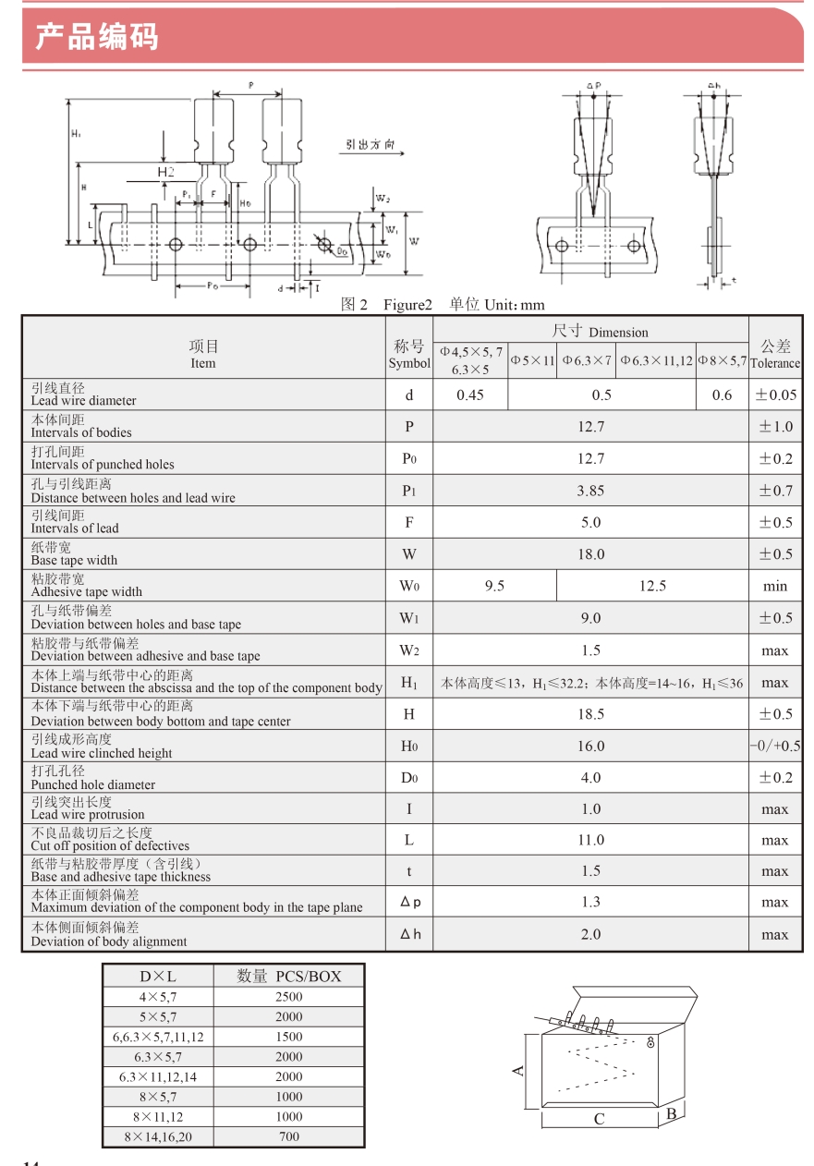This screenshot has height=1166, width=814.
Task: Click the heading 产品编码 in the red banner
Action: pos(97,37)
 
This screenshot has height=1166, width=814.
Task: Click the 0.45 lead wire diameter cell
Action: pos(470,395)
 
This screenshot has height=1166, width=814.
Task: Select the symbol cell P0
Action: pos(409,459)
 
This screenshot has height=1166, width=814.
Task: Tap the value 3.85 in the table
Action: pos(590,491)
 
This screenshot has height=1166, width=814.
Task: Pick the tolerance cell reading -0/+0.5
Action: pos(775,747)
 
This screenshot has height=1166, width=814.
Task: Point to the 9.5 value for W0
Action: pos(494,586)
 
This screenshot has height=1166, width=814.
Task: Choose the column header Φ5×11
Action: pos(532,360)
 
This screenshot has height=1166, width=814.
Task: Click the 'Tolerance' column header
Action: pos(775,363)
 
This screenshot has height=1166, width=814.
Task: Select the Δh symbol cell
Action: pos(409,934)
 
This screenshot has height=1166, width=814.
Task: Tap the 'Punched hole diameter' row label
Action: pos(92,784)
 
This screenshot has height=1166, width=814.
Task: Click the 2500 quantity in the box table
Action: pos(288,997)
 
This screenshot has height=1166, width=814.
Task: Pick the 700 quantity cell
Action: pos(288,1136)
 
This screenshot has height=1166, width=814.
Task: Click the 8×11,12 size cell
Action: pos(158,1116)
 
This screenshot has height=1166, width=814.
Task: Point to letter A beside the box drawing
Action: pos(518,1070)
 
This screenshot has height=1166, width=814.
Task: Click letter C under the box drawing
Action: pos(599,1119)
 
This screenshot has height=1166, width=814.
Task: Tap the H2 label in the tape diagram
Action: pos(165,172)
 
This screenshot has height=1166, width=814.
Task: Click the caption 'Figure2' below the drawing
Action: pos(408,305)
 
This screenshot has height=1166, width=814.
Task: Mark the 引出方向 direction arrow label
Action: pos(371,145)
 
